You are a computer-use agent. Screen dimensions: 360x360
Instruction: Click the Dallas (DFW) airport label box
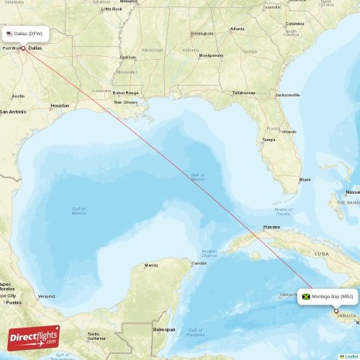tap(25, 34)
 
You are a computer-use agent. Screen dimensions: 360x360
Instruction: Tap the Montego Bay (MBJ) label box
tap(327, 297)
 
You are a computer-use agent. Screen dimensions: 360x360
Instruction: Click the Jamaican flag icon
tap(306, 297)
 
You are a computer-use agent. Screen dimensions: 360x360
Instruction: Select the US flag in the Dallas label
tap(9, 34)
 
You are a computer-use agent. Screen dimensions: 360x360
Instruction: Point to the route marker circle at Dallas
tap(23, 49)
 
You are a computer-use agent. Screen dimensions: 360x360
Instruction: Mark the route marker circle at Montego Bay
tap(336, 311)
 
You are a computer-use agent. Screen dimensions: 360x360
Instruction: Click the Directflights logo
tap(34, 336)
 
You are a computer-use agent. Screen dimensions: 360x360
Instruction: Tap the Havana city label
tap(271, 227)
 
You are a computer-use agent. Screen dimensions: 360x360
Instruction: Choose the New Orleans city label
tap(125, 102)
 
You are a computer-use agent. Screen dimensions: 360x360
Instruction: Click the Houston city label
tap(60, 106)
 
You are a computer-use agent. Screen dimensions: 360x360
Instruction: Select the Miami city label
tap(305, 179)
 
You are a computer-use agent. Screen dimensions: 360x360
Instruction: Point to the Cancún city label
tap(199, 263)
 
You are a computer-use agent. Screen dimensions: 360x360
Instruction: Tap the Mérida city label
tap(151, 265)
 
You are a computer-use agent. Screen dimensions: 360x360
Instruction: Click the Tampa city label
tap(269, 140)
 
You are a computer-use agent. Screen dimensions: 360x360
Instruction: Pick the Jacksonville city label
tap(288, 95)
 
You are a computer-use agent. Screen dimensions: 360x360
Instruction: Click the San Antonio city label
tap(13, 112)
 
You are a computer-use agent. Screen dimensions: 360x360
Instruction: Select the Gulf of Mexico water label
tap(78, 211)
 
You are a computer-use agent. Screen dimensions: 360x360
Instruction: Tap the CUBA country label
tap(322, 253)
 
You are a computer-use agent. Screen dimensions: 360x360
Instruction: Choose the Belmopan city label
tap(164, 329)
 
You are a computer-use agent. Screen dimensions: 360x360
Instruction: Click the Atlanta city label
tap(237, 29)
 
